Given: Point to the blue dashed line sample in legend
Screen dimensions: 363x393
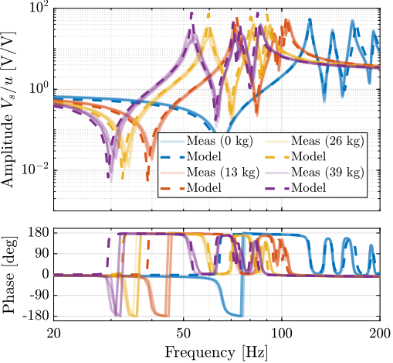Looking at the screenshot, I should (173, 156).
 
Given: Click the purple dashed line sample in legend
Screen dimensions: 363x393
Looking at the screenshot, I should (276, 187).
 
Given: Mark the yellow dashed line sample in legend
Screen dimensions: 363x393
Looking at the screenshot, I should (276, 156).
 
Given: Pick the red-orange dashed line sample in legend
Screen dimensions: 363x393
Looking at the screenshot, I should (173, 187).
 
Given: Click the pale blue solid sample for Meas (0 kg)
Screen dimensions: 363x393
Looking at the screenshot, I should (173, 140).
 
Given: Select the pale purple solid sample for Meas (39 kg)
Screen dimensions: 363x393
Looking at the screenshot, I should (276, 172).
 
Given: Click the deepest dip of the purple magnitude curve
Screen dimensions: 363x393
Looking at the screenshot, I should (110, 178).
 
